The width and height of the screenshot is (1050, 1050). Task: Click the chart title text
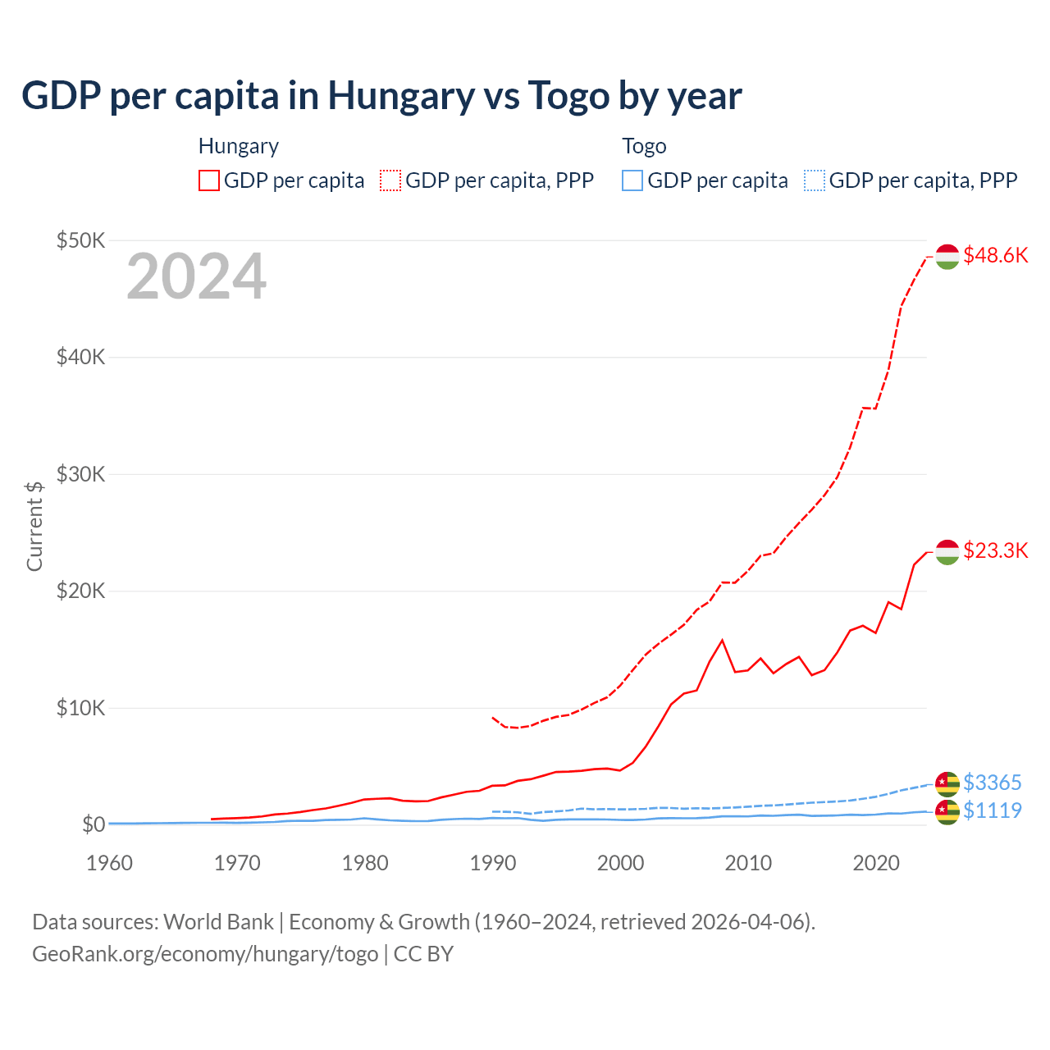[381, 96]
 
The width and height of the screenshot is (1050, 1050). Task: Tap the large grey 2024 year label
[196, 277]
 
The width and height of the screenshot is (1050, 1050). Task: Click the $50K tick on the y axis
[80, 240]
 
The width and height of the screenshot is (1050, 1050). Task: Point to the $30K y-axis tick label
[80, 474]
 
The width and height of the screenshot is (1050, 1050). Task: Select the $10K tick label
[80, 708]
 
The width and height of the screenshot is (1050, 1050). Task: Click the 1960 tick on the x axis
[109, 863]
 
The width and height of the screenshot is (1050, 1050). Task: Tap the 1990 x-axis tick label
[493, 863]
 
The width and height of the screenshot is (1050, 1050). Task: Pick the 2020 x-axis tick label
[876, 863]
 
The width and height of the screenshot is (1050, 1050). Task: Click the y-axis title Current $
[34, 526]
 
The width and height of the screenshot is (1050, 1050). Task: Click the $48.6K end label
[995, 256]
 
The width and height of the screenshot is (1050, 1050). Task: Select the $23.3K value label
[995, 550]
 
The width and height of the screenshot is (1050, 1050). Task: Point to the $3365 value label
[992, 783]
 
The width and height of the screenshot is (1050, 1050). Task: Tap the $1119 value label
[992, 810]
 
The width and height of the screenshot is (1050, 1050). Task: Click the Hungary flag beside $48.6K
[947, 257]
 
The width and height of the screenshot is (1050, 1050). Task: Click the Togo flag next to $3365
[947, 783]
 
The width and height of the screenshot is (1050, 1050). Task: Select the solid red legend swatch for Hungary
[209, 180]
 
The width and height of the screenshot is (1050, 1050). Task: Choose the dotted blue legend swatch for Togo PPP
[815, 180]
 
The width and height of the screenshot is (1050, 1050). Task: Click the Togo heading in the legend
[644, 146]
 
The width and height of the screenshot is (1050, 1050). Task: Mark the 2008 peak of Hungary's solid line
[722, 640]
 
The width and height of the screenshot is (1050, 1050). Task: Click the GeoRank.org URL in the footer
[205, 954]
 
